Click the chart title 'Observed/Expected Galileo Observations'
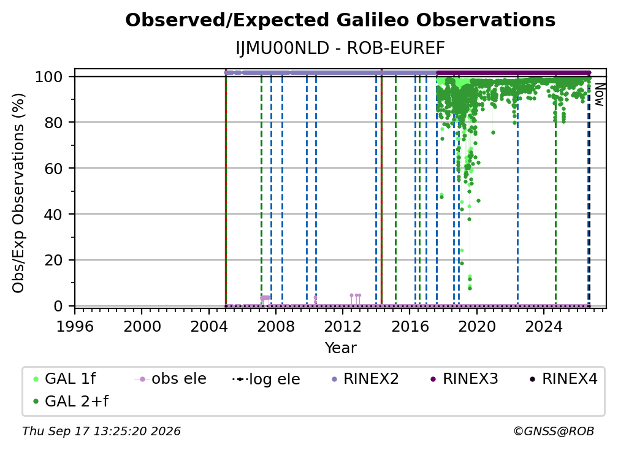coord(340,20)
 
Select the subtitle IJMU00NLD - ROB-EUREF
coord(340,48)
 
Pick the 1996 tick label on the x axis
coord(75,327)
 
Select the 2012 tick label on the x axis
coord(343,327)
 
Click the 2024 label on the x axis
coord(543,327)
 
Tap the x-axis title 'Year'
coord(340,348)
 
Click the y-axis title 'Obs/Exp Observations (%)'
coord(18,193)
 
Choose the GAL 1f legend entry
coord(64,379)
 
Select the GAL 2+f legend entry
coord(71,402)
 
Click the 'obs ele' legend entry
coord(170,379)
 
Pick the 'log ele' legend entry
coord(267,379)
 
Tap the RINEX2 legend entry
coord(365,379)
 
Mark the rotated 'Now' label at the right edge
coord(599,94)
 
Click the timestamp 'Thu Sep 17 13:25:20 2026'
coord(101,432)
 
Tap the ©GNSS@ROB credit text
coord(554,432)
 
